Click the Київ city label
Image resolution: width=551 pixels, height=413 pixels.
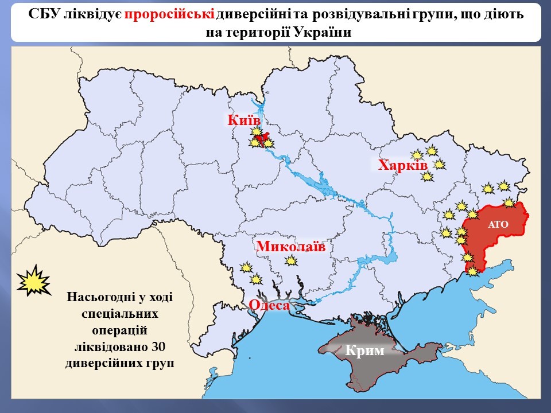244,120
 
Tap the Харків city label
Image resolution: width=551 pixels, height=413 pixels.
402,166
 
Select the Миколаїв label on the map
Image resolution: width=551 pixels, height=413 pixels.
290,247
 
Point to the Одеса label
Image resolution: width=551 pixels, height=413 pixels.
269,306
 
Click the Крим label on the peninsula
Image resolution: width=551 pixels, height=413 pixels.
366,350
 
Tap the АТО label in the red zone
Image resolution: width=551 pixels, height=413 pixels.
498,224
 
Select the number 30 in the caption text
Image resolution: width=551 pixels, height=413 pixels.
159,347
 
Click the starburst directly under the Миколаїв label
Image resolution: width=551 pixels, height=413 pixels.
292,261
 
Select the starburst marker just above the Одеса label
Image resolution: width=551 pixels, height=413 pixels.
256,279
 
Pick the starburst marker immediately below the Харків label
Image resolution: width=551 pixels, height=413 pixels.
426,177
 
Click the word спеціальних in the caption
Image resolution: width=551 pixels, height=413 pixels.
119,314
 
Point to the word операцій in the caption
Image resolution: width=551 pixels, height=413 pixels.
119,330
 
